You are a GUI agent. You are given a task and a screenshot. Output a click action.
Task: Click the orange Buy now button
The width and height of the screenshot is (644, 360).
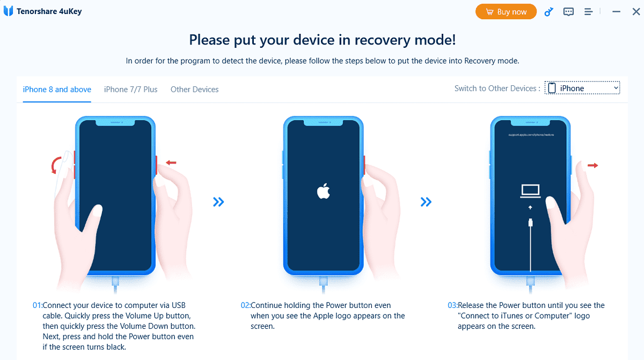pyautogui.click(x=506, y=12)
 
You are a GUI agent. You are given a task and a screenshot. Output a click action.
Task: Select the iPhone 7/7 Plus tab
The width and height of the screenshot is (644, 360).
pyautogui.click(x=130, y=90)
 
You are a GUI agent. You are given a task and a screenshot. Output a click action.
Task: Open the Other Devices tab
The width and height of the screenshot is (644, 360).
pyautogui.click(x=194, y=90)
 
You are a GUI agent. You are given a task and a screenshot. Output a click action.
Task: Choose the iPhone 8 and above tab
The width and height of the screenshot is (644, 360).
pyautogui.click(x=57, y=90)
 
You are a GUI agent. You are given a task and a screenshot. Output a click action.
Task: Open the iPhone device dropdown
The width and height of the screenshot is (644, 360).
pyautogui.click(x=582, y=89)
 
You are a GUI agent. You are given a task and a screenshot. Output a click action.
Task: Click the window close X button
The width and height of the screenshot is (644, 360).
pyautogui.click(x=636, y=11)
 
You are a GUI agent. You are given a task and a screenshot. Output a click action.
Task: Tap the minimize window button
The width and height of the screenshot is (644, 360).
pyautogui.click(x=617, y=11)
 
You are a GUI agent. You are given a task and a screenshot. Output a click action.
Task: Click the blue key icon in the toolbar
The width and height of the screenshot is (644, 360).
pyautogui.click(x=548, y=12)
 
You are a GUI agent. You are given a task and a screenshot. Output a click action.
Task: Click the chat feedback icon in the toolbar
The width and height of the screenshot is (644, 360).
pyautogui.click(x=568, y=12)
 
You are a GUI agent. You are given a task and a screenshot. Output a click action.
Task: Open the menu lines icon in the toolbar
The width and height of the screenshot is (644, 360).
pyautogui.click(x=588, y=12)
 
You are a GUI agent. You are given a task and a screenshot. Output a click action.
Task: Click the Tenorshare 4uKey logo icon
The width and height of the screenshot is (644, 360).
pyautogui.click(x=8, y=11)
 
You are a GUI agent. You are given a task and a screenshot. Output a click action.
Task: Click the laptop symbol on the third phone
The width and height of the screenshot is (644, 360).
pyautogui.click(x=530, y=190)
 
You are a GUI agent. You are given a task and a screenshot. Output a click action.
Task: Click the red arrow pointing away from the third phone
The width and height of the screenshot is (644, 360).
pyautogui.click(x=592, y=166)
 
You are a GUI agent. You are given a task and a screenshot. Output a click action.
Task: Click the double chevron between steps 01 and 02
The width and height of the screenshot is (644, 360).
pyautogui.click(x=218, y=202)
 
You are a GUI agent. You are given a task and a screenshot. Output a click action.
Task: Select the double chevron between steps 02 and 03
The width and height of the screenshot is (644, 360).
pyautogui.click(x=426, y=202)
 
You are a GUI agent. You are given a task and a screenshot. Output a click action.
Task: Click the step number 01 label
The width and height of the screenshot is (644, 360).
pyautogui.click(x=37, y=305)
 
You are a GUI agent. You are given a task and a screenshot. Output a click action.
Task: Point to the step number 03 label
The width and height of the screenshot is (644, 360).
pyautogui.click(x=452, y=305)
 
